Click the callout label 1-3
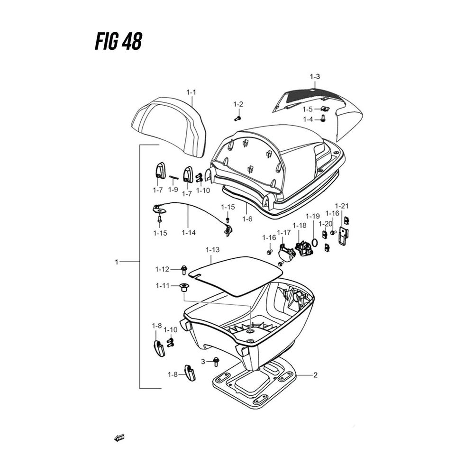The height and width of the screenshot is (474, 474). pyautogui.click(x=315, y=76)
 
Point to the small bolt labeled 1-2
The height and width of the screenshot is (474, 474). pyautogui.click(x=239, y=114)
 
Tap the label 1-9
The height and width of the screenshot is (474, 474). pyautogui.click(x=173, y=190)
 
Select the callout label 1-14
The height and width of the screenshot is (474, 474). pyautogui.click(x=188, y=233)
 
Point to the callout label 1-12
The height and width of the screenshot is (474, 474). pyautogui.click(x=162, y=270)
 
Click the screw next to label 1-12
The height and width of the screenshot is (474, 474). pyautogui.click(x=183, y=270)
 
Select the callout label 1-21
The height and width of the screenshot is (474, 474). pyautogui.click(x=342, y=206)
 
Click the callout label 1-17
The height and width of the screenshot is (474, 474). pyautogui.click(x=284, y=232)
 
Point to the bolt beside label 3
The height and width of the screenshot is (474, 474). pyautogui.click(x=216, y=362)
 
